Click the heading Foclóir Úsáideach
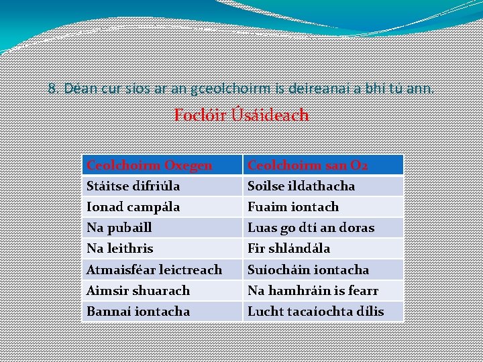pos(241,115)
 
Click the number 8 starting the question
pos(52,88)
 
